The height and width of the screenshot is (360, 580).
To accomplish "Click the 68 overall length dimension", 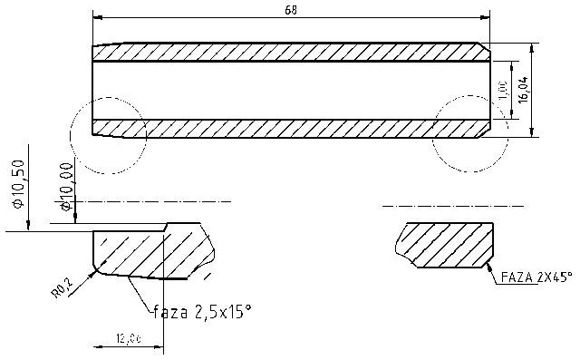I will coord(291,10).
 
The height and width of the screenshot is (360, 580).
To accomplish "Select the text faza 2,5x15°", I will coord(201,313).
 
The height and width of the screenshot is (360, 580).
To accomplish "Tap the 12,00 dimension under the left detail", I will coord(128,338).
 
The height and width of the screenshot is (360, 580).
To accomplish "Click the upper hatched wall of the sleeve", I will coord(290,53).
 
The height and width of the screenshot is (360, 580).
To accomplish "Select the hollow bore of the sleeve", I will coord(290,89).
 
